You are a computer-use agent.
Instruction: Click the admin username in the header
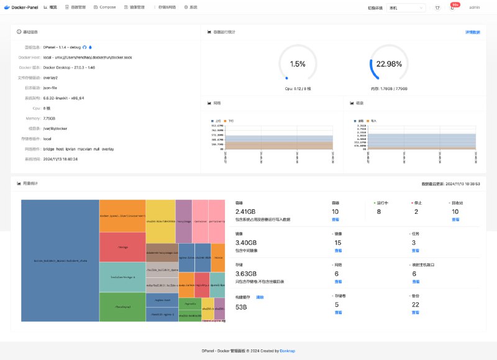[474, 7]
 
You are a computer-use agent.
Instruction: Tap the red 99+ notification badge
[455, 4]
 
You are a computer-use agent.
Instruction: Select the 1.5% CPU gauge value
[298, 64]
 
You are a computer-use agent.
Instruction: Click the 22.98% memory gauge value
[389, 64]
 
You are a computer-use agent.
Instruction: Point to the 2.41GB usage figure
[246, 211]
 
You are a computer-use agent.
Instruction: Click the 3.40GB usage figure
[246, 242]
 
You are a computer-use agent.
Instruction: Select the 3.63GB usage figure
[246, 274]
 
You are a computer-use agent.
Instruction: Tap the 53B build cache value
[240, 307]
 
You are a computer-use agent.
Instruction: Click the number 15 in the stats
[337, 242]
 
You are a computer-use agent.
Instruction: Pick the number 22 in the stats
[415, 305]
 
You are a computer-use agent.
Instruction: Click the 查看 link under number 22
[415, 313]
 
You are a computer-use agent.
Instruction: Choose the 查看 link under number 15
[337, 251]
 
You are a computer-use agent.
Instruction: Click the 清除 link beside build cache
[260, 297]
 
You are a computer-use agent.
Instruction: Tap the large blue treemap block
[60, 261]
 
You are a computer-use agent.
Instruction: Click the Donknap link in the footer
[288, 351]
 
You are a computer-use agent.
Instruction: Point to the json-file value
[50, 88]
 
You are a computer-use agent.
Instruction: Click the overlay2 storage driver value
[50, 78]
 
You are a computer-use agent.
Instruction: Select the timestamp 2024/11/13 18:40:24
[60, 159]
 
